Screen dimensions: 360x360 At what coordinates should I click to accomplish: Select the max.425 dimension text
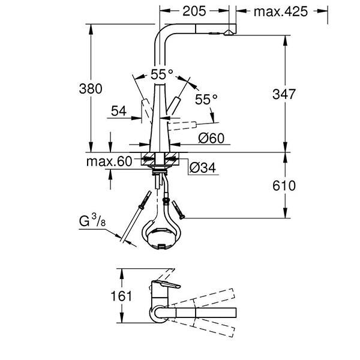point(280,11)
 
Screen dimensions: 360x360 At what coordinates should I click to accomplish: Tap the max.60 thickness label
point(109,161)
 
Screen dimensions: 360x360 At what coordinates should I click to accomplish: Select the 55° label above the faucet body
point(161,74)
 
